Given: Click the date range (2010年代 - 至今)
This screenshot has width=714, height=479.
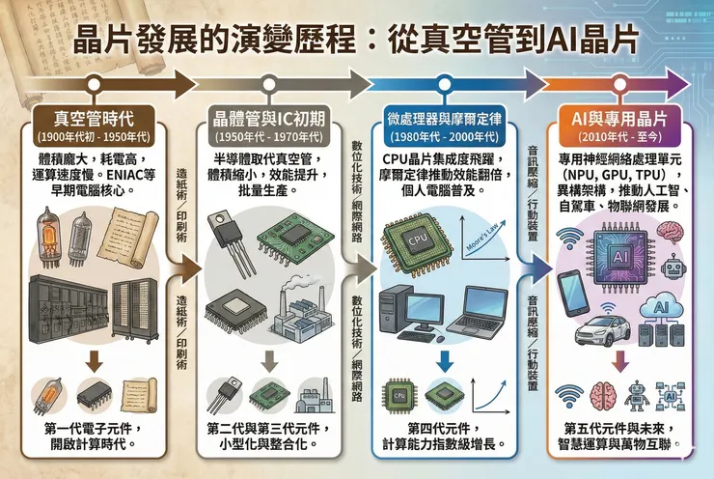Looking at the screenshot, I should pos(620,137).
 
